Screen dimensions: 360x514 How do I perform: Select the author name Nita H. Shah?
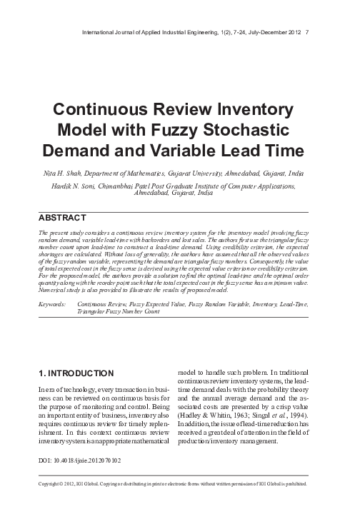(x=52, y=172)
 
